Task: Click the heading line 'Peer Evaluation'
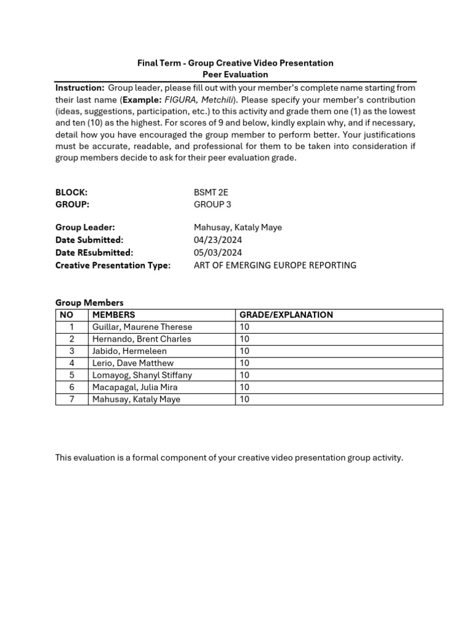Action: click(x=235, y=75)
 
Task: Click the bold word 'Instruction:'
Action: click(x=80, y=88)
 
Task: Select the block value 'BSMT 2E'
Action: click(x=210, y=192)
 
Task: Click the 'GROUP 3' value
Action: click(x=212, y=204)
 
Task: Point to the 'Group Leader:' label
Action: click(x=85, y=228)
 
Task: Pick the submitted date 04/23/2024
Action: click(x=218, y=240)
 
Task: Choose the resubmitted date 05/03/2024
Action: click(x=218, y=252)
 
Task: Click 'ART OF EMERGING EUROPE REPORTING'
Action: click(x=275, y=265)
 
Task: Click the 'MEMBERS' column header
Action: click(x=113, y=315)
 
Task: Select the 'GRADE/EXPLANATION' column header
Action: click(x=286, y=315)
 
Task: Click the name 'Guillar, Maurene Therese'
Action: click(x=142, y=327)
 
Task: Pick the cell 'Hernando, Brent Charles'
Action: click(x=141, y=339)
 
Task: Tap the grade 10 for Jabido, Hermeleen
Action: click(x=245, y=351)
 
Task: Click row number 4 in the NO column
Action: click(x=72, y=363)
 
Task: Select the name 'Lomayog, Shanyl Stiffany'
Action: click(x=142, y=375)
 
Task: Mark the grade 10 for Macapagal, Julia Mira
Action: click(x=245, y=387)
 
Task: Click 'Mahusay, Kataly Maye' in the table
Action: click(x=136, y=399)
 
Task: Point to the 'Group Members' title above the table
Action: click(x=90, y=302)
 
